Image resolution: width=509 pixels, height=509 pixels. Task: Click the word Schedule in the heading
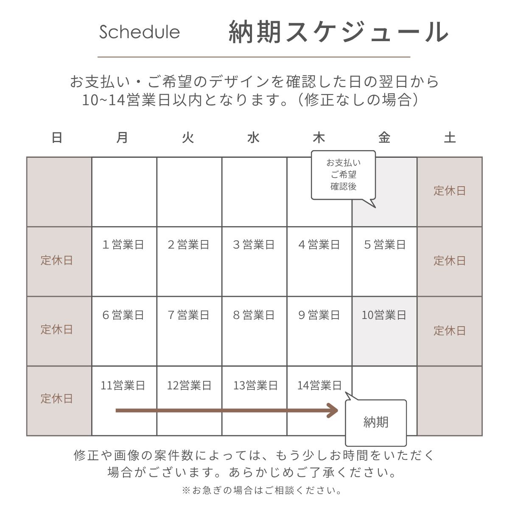[x=140, y=32]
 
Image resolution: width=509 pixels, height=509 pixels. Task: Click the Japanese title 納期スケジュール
[x=338, y=31]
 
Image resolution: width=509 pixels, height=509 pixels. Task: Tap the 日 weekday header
[x=57, y=138]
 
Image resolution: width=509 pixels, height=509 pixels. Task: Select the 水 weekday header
[x=253, y=138]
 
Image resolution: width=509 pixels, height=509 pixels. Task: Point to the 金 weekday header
[x=384, y=138]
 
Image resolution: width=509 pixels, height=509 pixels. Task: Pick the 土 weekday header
[x=450, y=138]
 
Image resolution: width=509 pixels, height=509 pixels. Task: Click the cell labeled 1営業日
[x=123, y=245]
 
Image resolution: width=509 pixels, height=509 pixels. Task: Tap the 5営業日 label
[x=385, y=245]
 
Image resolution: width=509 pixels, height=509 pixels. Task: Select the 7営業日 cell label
[x=189, y=315]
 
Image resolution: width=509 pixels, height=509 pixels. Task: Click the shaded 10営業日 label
[x=384, y=315]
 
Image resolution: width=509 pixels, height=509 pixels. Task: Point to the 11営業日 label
[x=123, y=386]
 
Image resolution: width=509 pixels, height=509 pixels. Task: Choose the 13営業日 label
[x=255, y=386]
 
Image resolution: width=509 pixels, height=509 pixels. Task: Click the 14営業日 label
[x=319, y=386]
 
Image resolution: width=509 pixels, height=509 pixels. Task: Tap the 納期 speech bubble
[x=376, y=422]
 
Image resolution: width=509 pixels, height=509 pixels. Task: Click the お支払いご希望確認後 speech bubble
[x=343, y=174]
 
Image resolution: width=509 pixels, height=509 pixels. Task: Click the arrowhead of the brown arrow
[x=333, y=411]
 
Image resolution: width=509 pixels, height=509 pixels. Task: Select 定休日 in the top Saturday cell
[x=450, y=191]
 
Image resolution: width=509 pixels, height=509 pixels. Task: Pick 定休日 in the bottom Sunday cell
[x=57, y=399]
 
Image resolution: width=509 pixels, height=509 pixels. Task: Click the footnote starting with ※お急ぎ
[x=262, y=491]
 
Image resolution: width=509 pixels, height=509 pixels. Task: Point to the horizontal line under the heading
[x=254, y=57]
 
